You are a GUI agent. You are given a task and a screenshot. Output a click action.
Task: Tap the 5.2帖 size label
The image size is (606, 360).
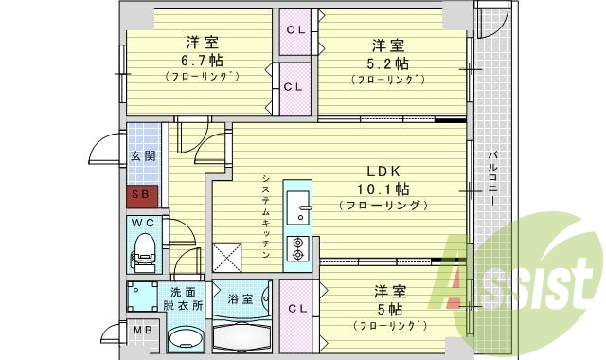[388, 63]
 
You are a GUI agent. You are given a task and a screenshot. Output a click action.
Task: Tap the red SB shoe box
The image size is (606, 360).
[141, 197]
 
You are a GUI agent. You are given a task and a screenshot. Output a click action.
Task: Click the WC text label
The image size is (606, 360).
[144, 224]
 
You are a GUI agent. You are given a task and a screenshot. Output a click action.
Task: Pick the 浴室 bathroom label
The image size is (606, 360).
[241, 299]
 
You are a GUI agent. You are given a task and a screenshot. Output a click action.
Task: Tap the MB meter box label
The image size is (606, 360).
[141, 331]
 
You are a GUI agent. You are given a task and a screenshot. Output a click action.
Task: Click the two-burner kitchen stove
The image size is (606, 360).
[297, 246]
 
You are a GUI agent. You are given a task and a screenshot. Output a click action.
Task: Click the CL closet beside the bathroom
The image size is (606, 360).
[295, 309]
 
